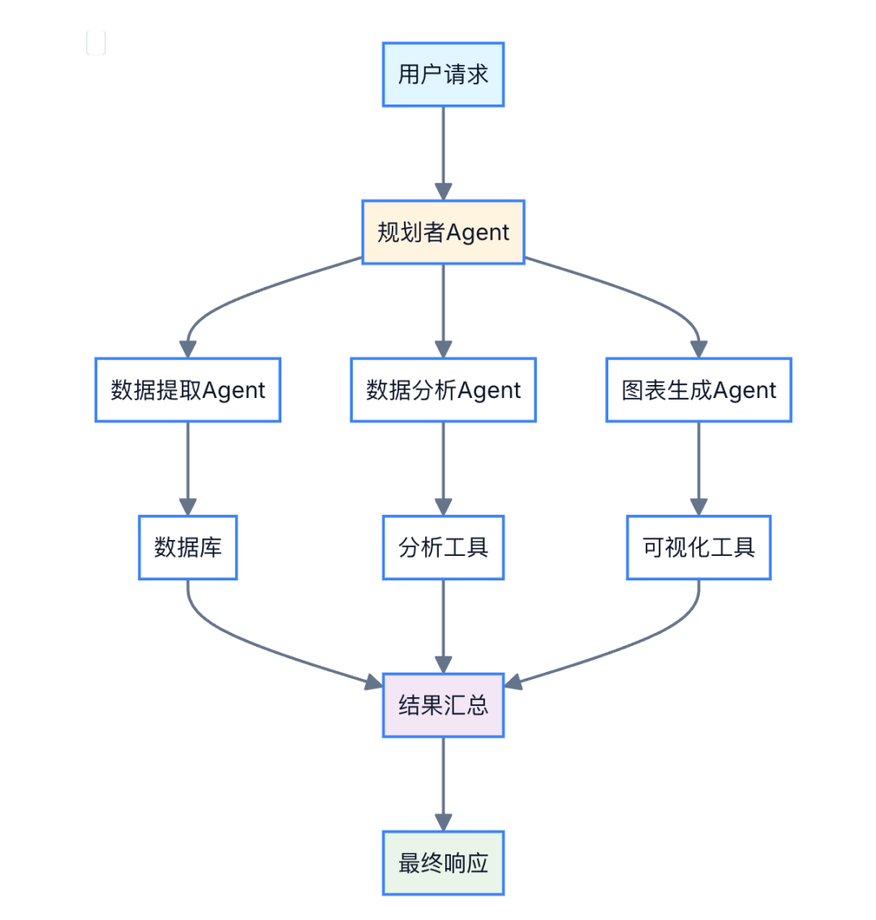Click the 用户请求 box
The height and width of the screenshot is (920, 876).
point(443,75)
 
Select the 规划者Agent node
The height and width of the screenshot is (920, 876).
point(443,233)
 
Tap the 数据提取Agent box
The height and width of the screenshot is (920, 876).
point(187,390)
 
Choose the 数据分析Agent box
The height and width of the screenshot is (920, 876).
point(443,390)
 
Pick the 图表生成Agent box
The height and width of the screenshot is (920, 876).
point(698,390)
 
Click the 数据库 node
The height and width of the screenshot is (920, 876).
point(187,548)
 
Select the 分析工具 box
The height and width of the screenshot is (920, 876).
point(443,548)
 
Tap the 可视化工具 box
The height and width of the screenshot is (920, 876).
point(698,548)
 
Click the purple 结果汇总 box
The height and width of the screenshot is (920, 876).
point(443,705)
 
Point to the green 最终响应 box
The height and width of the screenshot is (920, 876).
point(443,863)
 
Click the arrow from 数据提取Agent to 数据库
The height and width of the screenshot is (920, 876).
point(187,468)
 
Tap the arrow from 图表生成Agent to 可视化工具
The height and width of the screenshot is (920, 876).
point(698,468)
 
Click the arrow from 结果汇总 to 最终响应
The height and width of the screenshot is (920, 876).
point(443,783)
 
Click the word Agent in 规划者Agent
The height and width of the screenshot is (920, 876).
point(478,233)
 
